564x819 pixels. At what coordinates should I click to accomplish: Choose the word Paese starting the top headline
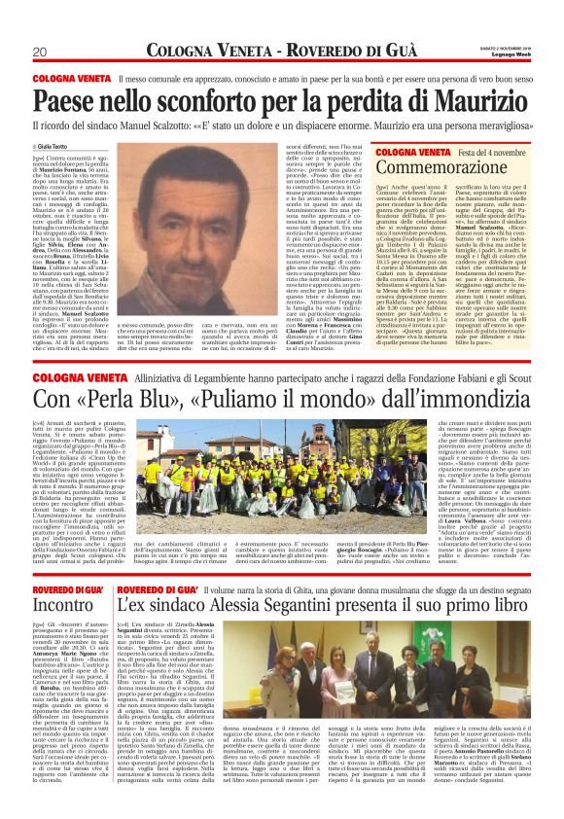(63, 98)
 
